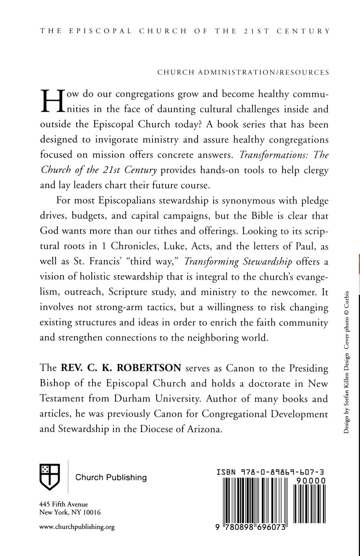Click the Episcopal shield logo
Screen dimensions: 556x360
coord(49,477)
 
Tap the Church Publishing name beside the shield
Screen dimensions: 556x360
coord(111,478)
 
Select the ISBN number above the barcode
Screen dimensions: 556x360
coord(271,472)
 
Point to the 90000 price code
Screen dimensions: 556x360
coord(311,481)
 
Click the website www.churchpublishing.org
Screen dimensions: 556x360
coord(77,527)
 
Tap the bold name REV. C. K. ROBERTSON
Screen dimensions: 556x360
coord(121,368)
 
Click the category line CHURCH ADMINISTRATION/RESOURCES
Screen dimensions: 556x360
coord(243,72)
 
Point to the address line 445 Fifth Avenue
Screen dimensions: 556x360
coord(63,504)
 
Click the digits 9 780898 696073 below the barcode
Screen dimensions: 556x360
coord(250,527)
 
